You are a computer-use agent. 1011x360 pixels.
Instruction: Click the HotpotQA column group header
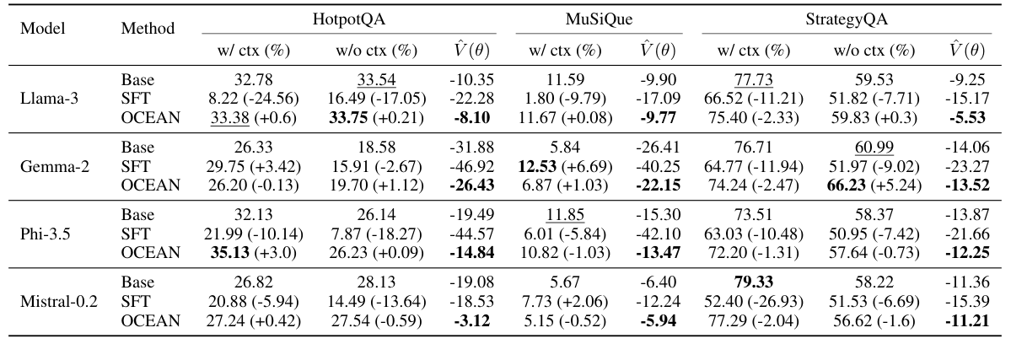pyautogui.click(x=348, y=18)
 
